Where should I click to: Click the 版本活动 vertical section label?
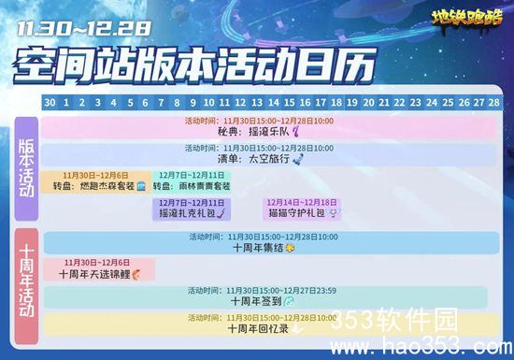25,163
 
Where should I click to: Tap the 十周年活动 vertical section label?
25,281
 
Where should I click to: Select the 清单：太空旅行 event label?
265,159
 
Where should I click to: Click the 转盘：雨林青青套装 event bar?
192,181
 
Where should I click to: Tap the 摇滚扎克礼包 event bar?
191,209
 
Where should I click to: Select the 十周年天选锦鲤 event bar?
99,269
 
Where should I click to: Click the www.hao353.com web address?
424,341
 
